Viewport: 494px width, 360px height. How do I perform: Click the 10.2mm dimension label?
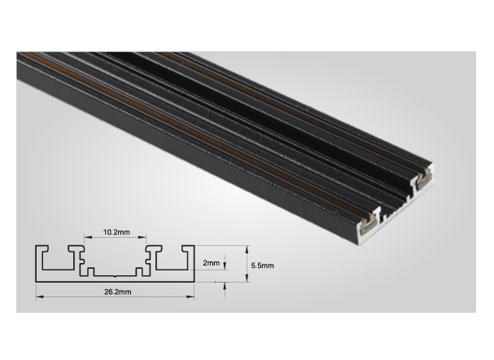pos(116,232)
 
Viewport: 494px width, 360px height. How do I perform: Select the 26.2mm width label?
pos(117,292)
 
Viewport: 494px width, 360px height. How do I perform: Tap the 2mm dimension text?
pos(211,263)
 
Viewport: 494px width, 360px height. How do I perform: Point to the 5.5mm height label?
pos(262,266)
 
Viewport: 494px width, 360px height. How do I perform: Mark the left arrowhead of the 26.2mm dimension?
pos(39,296)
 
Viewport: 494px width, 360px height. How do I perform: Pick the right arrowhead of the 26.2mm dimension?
pos(191,296)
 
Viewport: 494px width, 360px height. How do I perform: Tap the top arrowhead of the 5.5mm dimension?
pos(247,249)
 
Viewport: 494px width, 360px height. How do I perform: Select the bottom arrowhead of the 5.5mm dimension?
pos(247,278)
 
